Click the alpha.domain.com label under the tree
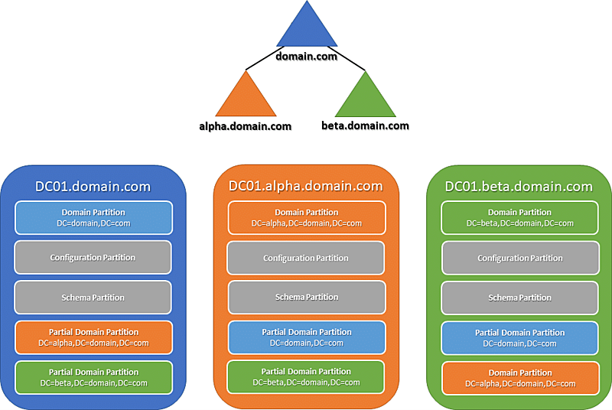point(242,126)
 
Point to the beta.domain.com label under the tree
point(365,125)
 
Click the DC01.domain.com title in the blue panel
point(93,187)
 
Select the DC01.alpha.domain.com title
point(305,186)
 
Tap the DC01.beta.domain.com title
point(519,187)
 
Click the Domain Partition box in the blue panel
point(93,218)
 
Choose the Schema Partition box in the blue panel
point(93,298)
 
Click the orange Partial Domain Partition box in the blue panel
point(93,337)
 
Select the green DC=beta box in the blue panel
point(93,377)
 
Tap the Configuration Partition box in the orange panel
point(306,259)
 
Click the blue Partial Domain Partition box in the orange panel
point(306,337)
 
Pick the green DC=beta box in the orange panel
point(306,377)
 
